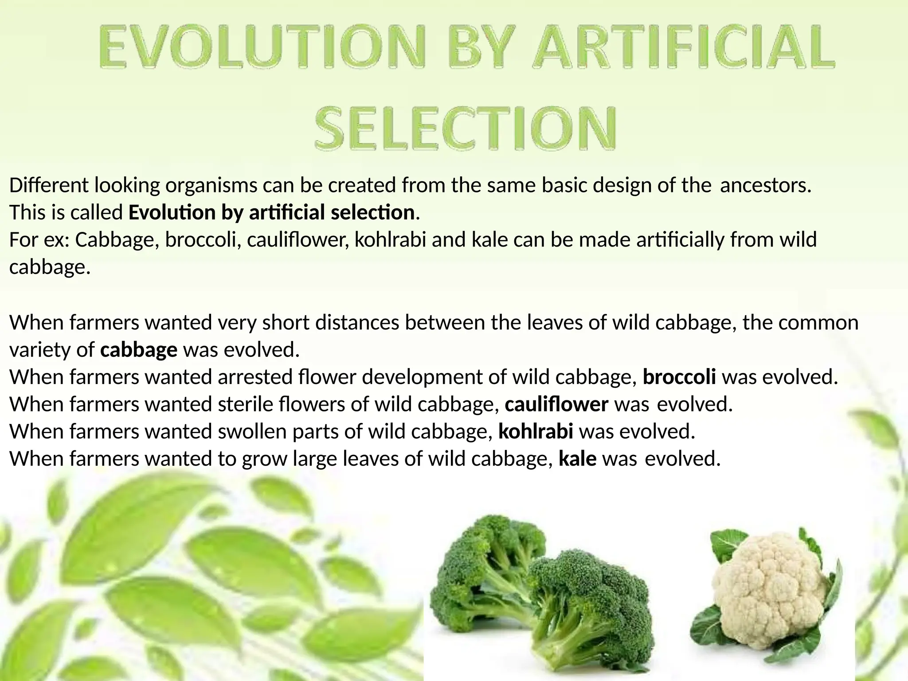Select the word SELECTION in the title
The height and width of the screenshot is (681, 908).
[466, 127]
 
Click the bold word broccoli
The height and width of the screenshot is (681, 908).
[679, 377]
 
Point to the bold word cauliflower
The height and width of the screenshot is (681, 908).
[556, 404]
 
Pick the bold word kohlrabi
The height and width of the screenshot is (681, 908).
[536, 431]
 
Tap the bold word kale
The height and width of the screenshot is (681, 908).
[577, 458]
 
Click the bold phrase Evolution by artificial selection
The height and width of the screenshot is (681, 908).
[271, 212]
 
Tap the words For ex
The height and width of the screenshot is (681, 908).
[39, 240]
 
